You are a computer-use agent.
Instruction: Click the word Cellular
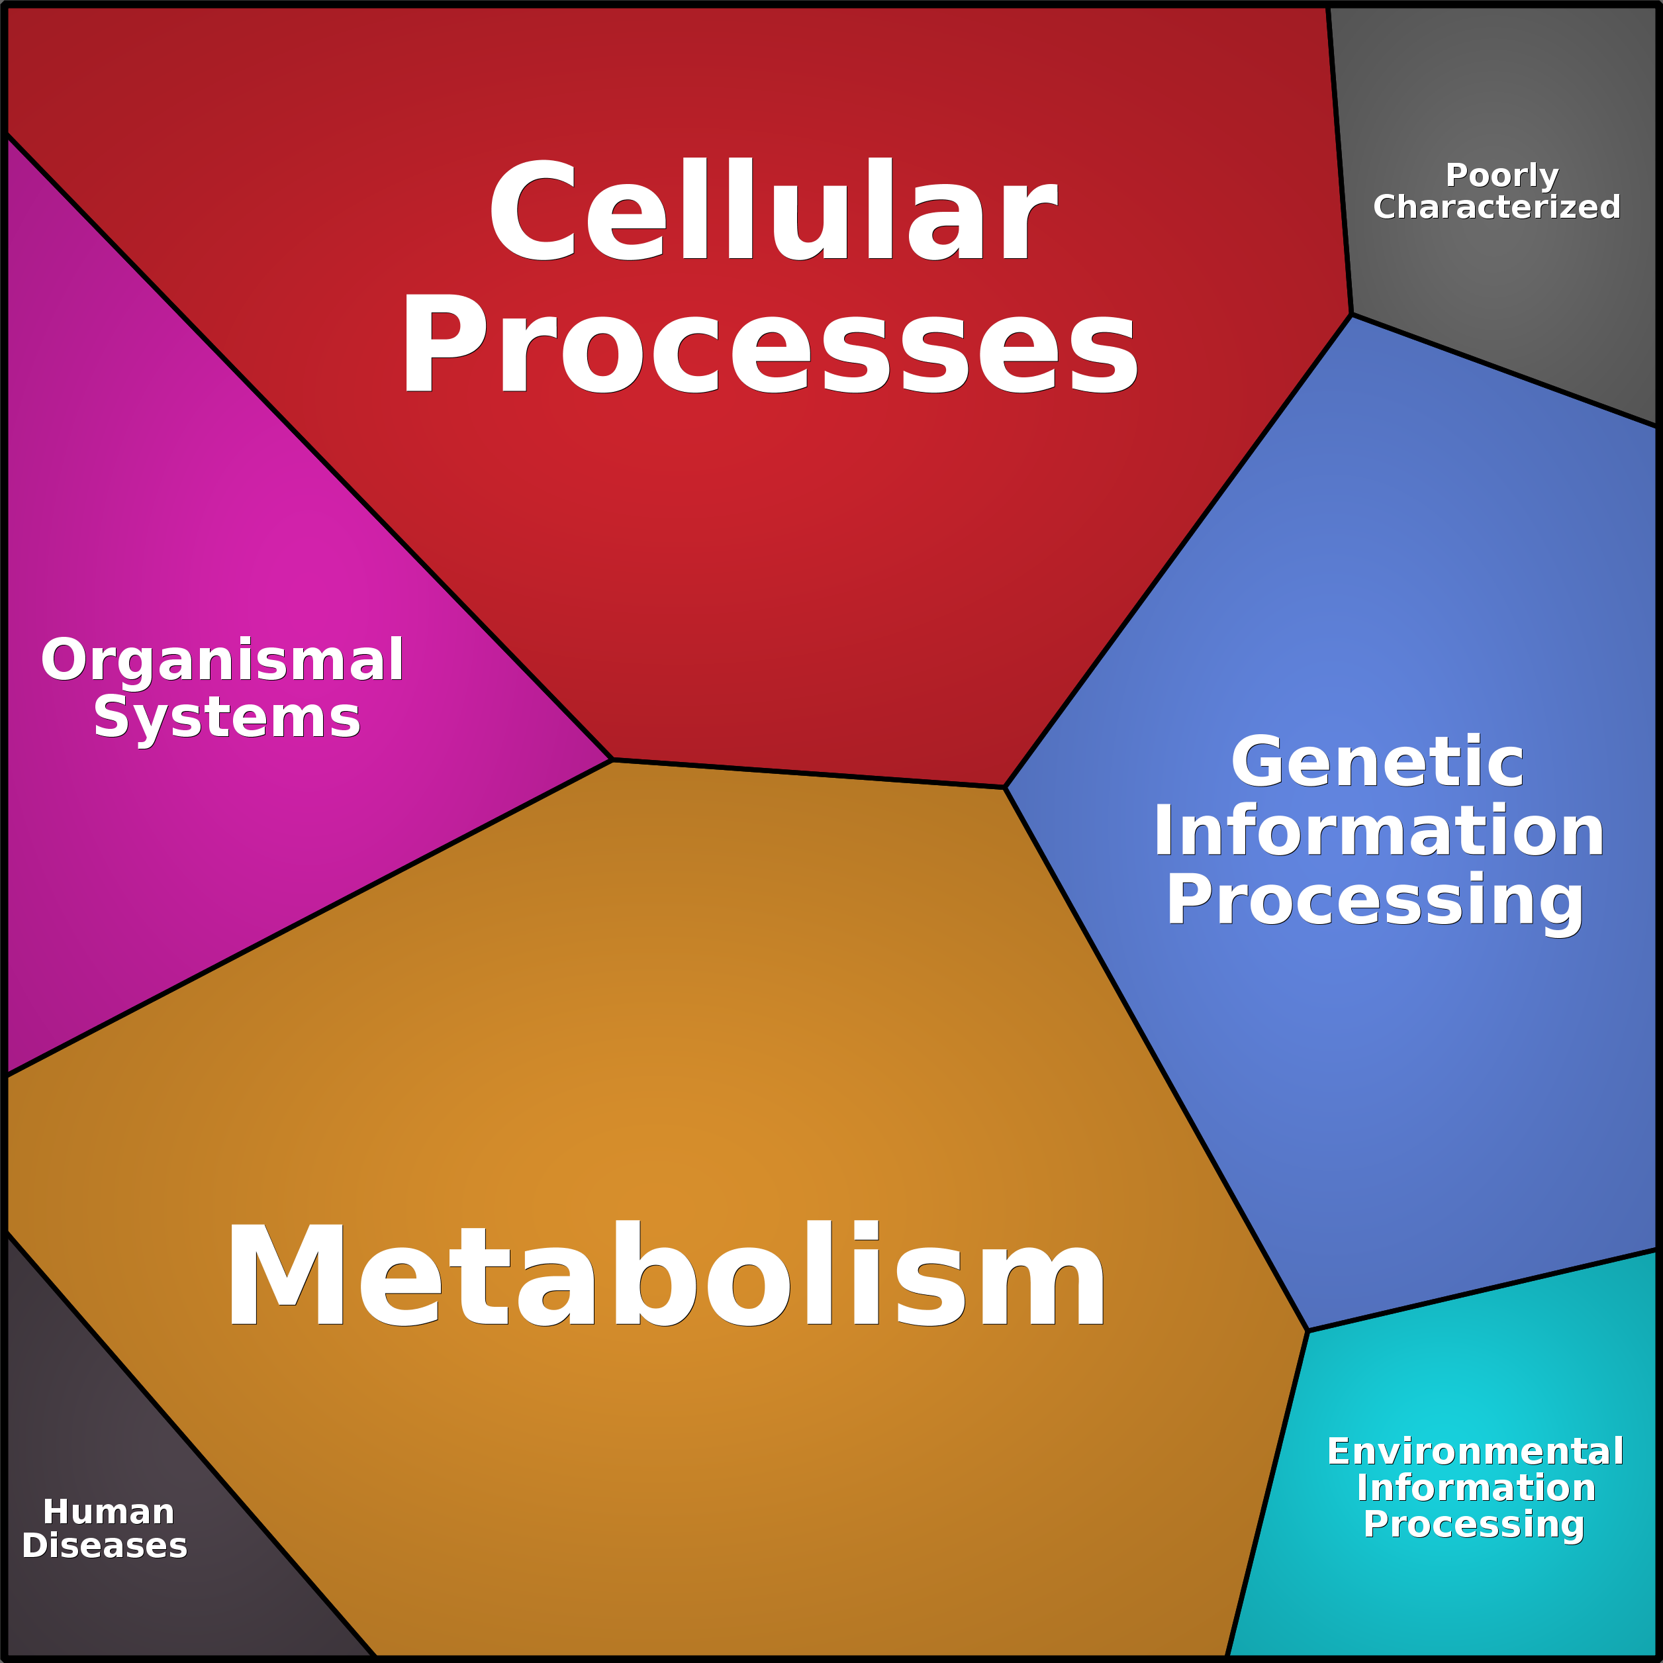pos(772,209)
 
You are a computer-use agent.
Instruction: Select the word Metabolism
pos(665,1276)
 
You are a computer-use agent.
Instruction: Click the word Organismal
pos(222,660)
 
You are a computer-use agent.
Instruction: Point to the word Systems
pos(226,717)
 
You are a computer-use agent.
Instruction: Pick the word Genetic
pos(1377,762)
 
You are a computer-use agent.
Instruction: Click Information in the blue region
pos(1378,831)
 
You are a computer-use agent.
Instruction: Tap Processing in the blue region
pos(1374,900)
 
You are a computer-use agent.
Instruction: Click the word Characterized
pos(1497,207)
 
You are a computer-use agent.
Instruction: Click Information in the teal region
pos(1476,1488)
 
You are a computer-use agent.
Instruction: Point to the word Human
pos(109,1512)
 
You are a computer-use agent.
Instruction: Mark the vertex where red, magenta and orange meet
pos(612,760)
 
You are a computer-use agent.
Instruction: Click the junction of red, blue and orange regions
pos(1004,786)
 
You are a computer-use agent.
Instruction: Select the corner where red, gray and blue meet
pos(1351,314)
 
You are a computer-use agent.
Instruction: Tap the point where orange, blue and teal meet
pos(1307,1331)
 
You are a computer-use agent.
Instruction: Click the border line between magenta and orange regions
pos(310,918)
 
